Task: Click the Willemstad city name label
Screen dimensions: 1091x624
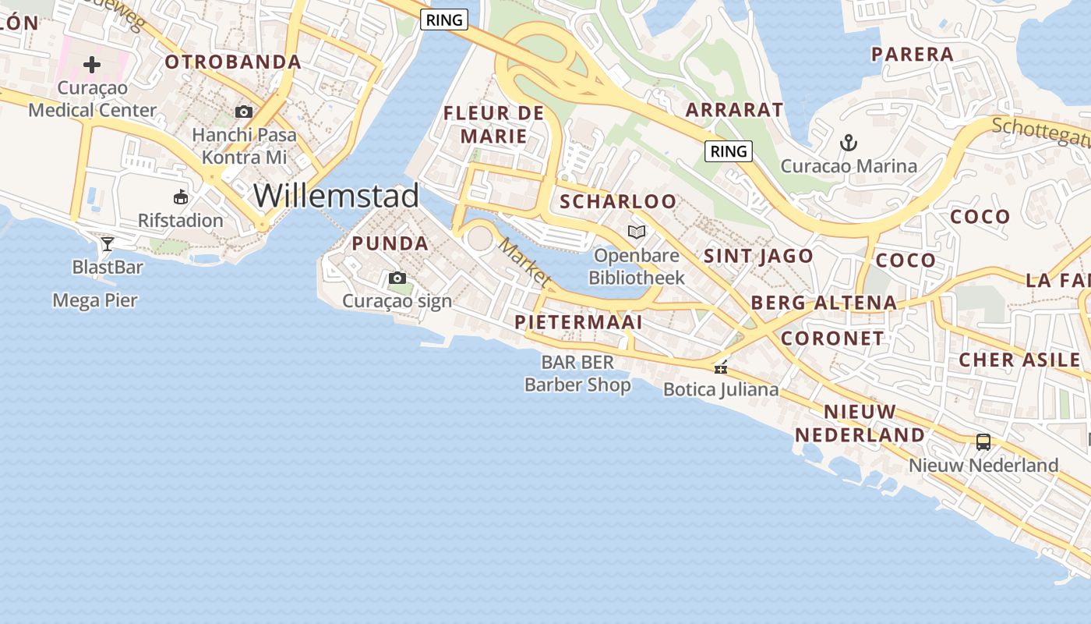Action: [x=336, y=195]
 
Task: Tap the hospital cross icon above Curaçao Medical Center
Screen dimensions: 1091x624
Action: [x=92, y=64]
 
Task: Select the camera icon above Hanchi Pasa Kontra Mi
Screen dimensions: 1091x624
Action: [x=244, y=112]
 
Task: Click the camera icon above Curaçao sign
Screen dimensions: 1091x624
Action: [x=397, y=278]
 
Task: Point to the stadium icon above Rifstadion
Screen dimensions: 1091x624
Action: [x=181, y=197]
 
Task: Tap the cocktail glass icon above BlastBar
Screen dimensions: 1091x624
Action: [x=108, y=244]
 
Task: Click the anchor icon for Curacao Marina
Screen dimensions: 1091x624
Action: [x=849, y=143]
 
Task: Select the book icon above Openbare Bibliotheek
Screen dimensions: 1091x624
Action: [x=637, y=232]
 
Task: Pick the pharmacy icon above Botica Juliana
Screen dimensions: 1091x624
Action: [x=721, y=366]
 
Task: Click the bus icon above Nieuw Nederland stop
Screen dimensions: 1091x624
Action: [x=983, y=442]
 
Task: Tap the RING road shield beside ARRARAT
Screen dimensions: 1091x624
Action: [x=729, y=151]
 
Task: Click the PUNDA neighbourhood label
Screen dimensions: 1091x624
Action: [x=390, y=243]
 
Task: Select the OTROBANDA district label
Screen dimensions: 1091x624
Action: [x=233, y=62]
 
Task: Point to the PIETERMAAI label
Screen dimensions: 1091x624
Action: [x=578, y=322]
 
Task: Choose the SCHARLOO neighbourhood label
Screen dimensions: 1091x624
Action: [x=619, y=201]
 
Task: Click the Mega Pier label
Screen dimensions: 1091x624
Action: [x=95, y=300]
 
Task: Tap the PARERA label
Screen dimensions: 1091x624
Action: [x=913, y=54]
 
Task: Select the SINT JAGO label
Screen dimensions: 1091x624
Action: [x=758, y=256]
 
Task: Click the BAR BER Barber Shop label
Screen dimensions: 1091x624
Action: [x=577, y=374]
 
